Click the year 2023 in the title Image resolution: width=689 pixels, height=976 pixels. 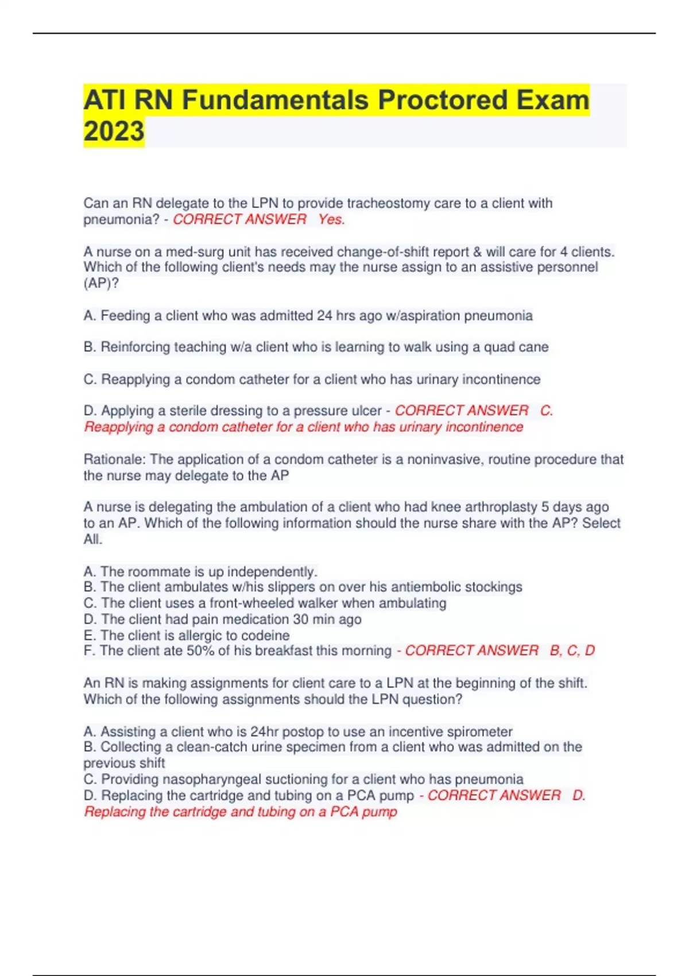(x=114, y=131)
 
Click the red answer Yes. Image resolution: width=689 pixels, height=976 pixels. (x=331, y=219)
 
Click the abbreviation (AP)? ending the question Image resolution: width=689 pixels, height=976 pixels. (x=101, y=284)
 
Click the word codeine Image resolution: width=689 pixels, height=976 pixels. (x=266, y=636)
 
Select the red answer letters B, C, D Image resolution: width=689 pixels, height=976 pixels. (x=572, y=651)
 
